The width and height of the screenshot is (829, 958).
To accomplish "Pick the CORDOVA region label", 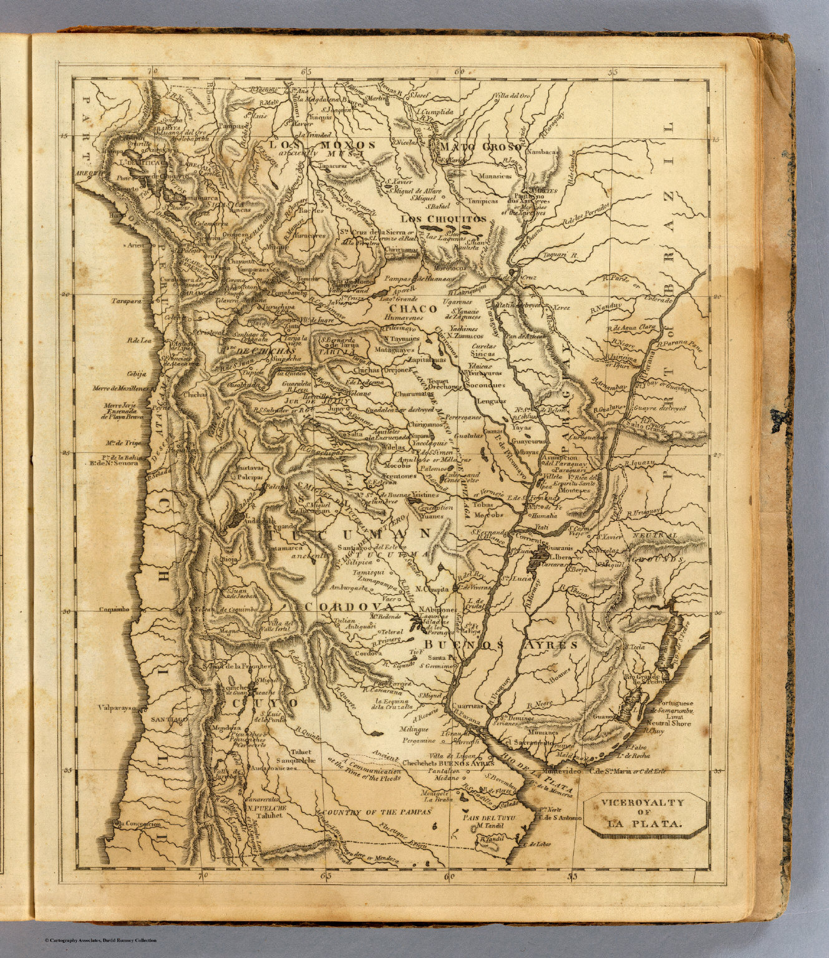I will [349, 606].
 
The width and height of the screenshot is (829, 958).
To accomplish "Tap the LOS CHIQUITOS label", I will [443, 218].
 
